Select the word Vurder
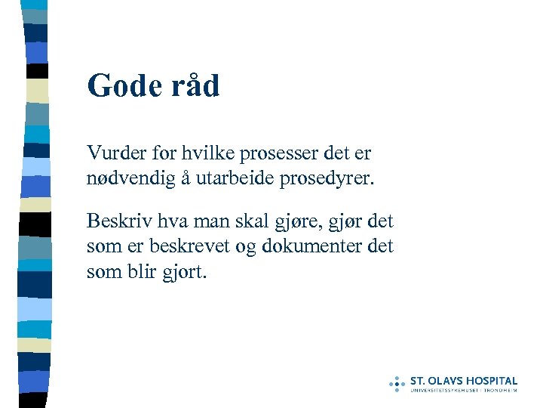[x=114, y=153]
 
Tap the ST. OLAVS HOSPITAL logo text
[x=463, y=381]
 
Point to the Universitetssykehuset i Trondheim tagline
[x=463, y=390]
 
